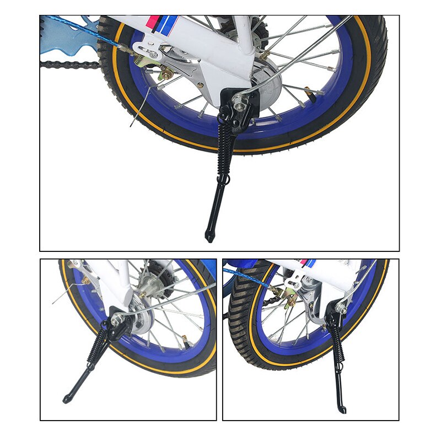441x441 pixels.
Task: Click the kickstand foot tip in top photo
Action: point(209,237)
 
